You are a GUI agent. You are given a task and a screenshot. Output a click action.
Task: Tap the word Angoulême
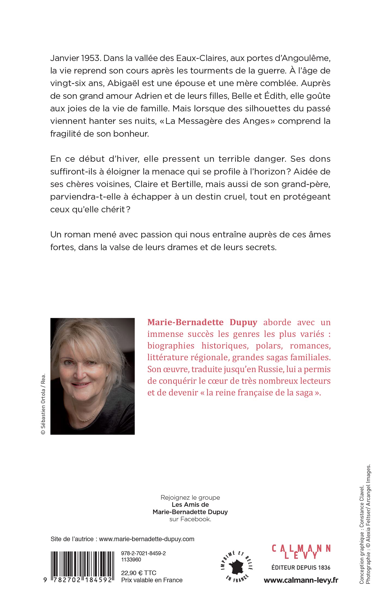(306, 58)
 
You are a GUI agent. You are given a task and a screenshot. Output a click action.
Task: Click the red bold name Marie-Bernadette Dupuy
(202, 322)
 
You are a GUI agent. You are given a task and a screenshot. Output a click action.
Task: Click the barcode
(82, 567)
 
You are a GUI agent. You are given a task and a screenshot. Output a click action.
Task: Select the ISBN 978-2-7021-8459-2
(143, 553)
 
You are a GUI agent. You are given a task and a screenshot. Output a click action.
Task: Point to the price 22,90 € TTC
(139, 573)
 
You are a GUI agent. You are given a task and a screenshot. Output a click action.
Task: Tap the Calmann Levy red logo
(301, 552)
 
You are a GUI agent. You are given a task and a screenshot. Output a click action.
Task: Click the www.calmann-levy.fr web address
(301, 580)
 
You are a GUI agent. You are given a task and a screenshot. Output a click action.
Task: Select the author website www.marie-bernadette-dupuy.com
(147, 539)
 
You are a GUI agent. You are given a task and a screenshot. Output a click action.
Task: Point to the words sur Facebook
(190, 519)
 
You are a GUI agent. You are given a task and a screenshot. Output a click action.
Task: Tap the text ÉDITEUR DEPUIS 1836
(301, 568)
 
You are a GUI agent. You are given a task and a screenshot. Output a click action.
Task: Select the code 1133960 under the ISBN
(131, 560)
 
